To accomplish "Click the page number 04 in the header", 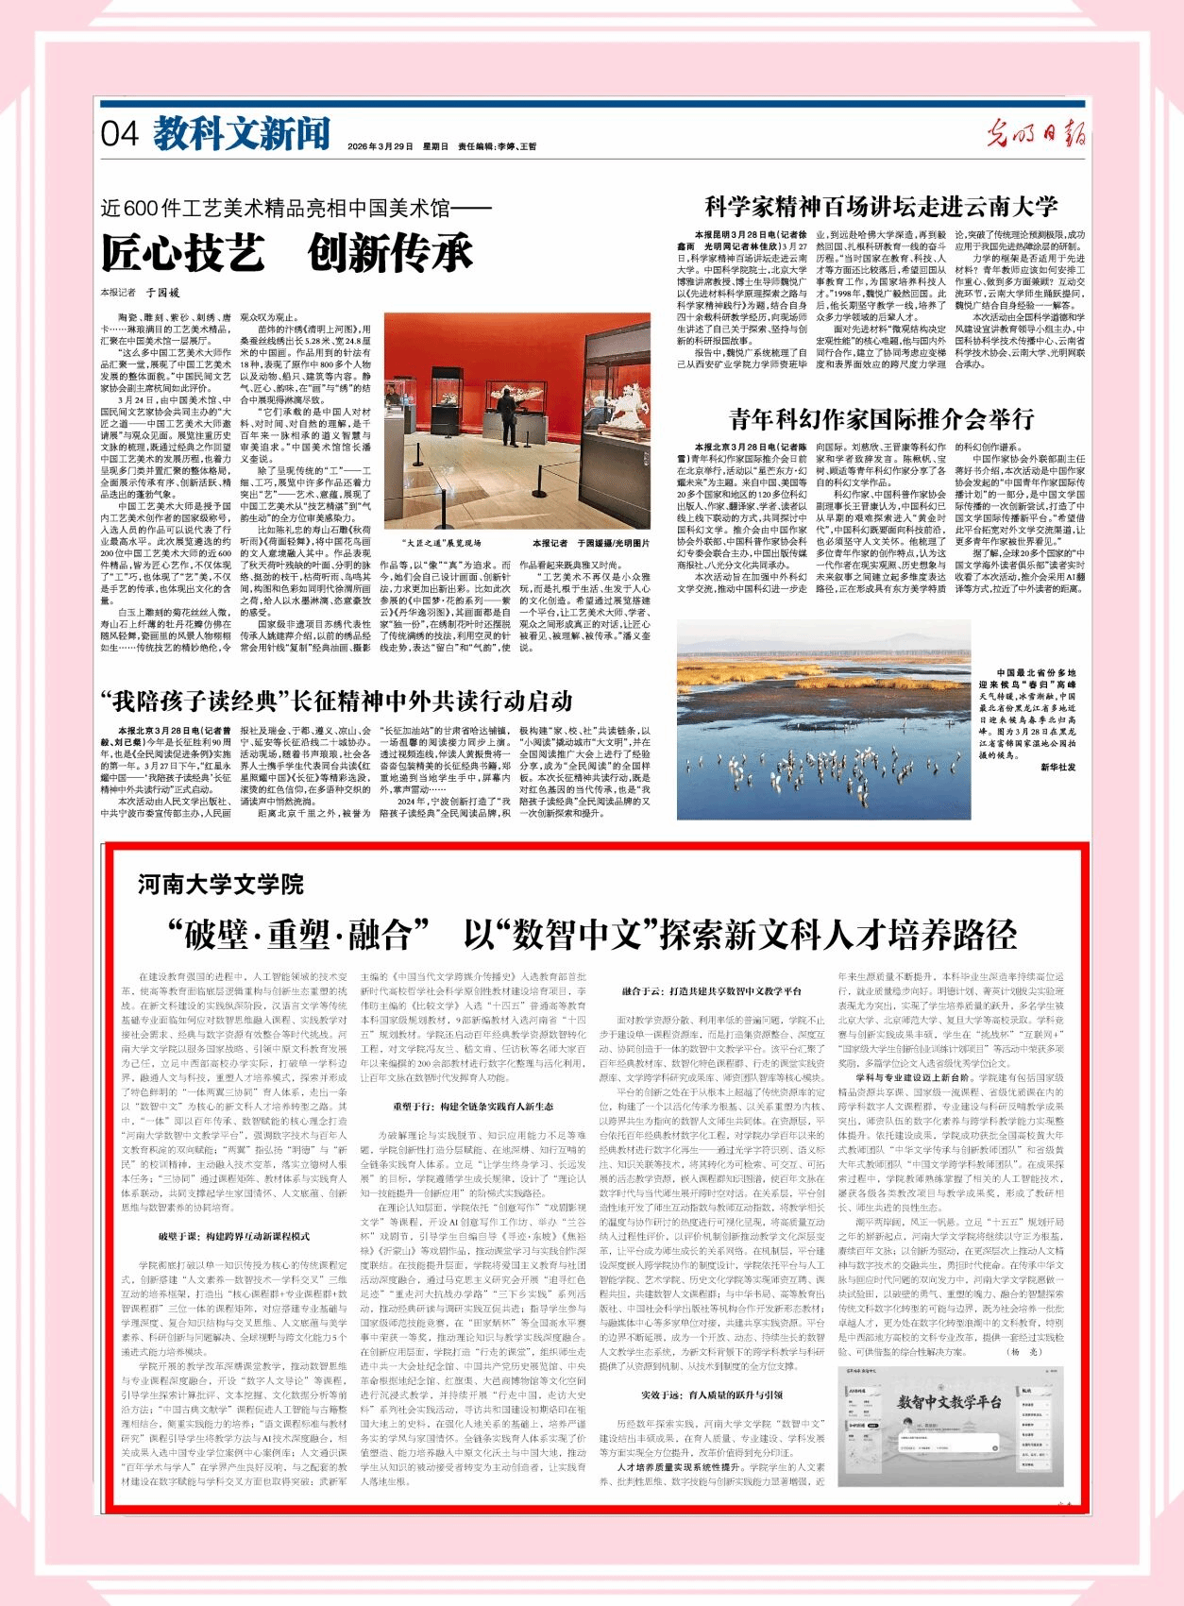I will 121,134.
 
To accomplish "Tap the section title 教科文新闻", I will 242,134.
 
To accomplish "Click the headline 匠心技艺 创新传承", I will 287,253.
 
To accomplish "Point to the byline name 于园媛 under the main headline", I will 162,294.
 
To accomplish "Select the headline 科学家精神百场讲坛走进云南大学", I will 881,207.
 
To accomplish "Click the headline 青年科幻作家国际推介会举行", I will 881,418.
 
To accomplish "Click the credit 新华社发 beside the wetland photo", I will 1057,768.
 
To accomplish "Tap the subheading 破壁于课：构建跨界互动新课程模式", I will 234,1236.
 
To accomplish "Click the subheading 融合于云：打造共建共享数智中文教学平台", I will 711,992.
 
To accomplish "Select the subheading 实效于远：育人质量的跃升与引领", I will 711,1395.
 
